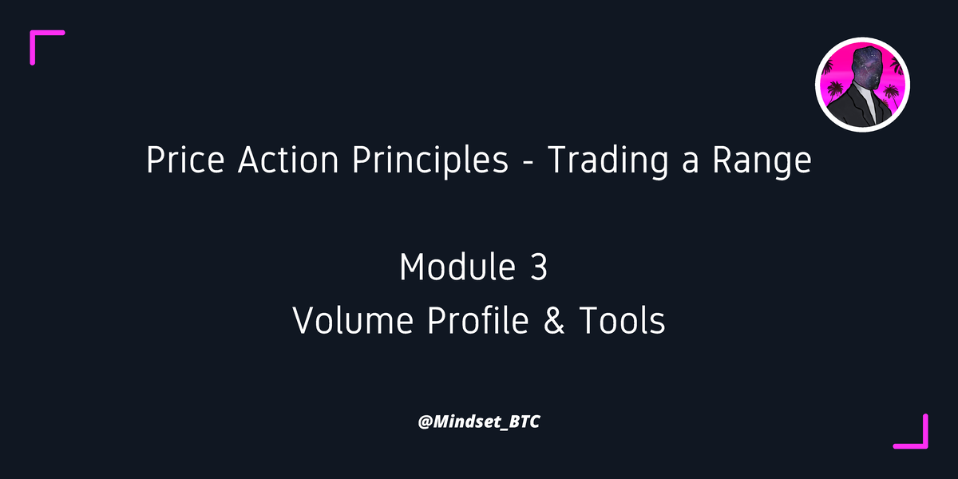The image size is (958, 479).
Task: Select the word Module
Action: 456,267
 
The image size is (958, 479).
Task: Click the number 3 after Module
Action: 539,267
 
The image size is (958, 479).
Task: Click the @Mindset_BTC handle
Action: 479,421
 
